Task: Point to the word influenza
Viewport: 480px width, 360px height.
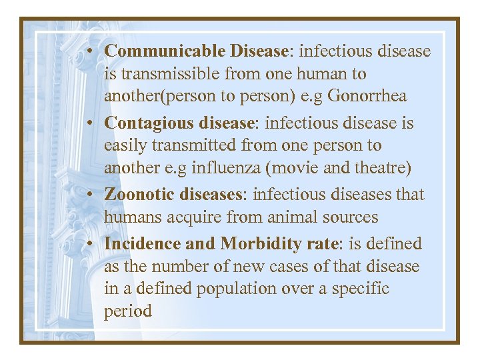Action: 229,168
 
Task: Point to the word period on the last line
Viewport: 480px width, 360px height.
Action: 128,311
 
